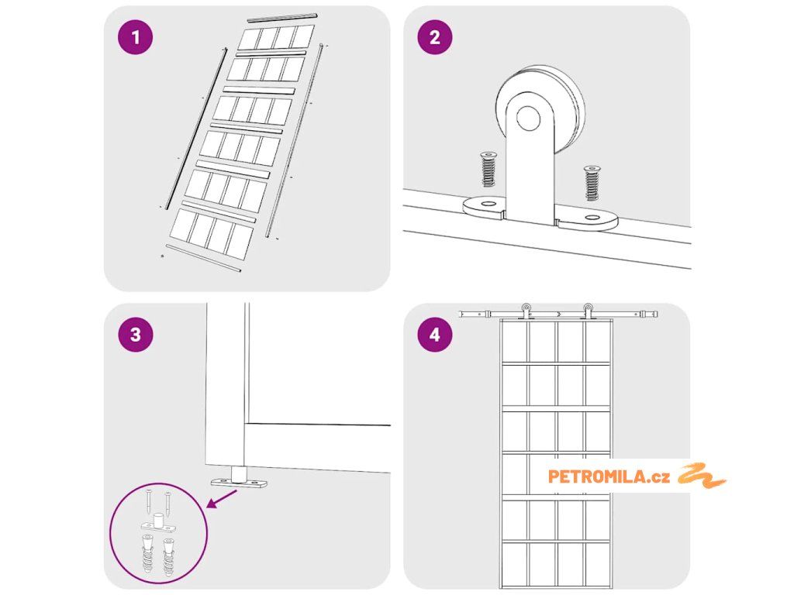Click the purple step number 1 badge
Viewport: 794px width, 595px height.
point(135,37)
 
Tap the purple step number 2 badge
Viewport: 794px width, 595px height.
point(435,37)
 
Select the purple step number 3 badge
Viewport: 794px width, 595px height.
point(135,335)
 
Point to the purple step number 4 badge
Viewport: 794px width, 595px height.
point(435,335)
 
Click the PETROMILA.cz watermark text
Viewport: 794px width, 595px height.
point(609,476)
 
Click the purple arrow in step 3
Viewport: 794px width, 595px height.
point(221,499)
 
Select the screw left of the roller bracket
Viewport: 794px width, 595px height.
point(488,169)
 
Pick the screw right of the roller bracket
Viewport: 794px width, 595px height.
point(592,183)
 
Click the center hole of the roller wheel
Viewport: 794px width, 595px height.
point(528,118)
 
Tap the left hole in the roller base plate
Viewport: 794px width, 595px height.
point(488,204)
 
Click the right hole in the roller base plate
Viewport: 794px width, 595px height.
point(592,218)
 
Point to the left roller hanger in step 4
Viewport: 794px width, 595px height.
point(526,311)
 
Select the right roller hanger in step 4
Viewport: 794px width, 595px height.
point(588,311)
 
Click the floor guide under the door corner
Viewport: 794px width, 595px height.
point(239,479)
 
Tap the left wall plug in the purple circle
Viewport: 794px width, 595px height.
point(147,555)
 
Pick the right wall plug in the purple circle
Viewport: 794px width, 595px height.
point(168,556)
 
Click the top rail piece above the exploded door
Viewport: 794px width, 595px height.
point(282,17)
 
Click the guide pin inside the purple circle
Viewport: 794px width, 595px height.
point(158,520)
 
